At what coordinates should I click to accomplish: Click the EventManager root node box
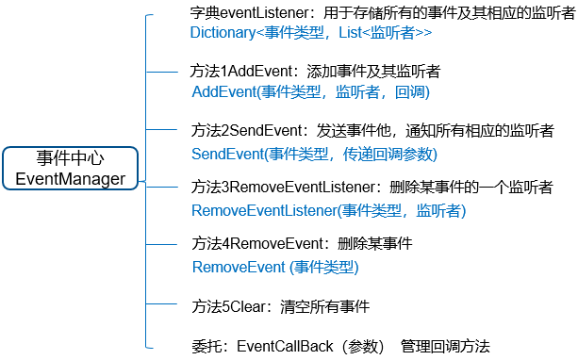coord(70,168)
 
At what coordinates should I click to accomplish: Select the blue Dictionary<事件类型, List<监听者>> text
coord(310,32)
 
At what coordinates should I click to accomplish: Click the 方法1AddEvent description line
coord(316,72)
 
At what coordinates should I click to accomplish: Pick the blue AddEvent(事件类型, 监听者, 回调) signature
coord(310,91)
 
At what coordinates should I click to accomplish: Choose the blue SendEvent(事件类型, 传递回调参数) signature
coord(314,153)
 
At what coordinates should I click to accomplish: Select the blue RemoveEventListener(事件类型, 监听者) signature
coord(328,209)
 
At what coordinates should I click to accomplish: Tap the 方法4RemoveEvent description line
coord(302,243)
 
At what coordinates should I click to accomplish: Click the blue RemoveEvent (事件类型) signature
coord(275,267)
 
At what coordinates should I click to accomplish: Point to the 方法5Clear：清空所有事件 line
coord(280,306)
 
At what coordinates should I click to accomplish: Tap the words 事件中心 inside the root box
coord(70,157)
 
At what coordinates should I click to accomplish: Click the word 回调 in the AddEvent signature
coord(409,91)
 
